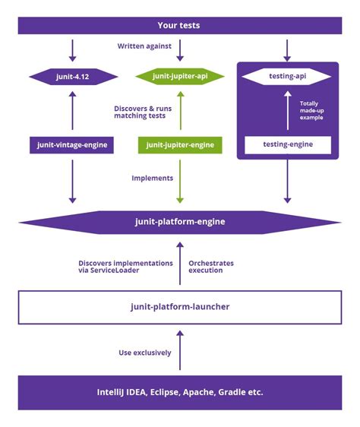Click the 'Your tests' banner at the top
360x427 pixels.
tap(180, 26)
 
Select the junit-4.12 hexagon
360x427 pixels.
tap(73, 77)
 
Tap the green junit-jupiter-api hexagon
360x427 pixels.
tap(180, 77)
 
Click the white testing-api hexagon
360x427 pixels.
tap(287, 77)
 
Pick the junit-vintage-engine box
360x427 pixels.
tap(74, 144)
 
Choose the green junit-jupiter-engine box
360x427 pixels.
tap(180, 144)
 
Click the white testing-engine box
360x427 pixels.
tap(287, 144)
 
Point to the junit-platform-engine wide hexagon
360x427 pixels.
tap(180, 222)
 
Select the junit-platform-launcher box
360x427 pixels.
tap(180, 307)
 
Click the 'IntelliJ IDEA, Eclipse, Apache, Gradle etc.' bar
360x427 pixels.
tap(180, 392)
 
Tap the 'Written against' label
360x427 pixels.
tap(144, 46)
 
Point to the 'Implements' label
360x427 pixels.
tap(152, 178)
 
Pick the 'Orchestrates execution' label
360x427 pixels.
tap(210, 266)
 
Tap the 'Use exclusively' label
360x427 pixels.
tap(145, 352)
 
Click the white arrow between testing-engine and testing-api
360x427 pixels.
tap(287, 111)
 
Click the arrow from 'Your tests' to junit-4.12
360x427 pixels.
tap(73, 49)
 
